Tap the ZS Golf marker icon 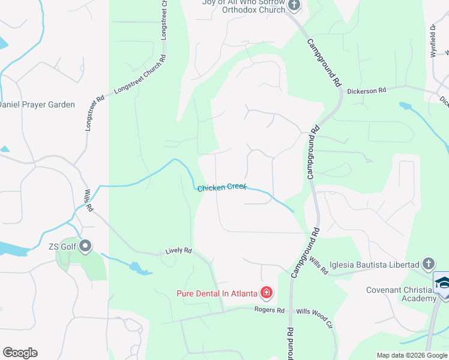click(x=85, y=245)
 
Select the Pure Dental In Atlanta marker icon click(x=267, y=293)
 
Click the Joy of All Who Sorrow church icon click(x=294, y=6)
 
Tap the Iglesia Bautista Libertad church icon click(x=428, y=264)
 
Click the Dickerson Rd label click(x=367, y=91)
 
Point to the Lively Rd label click(x=179, y=251)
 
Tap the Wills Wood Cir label click(x=315, y=312)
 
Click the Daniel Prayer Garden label click(x=37, y=104)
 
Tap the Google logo click(x=20, y=353)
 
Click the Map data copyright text click(x=412, y=355)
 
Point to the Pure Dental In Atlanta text click(x=217, y=293)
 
